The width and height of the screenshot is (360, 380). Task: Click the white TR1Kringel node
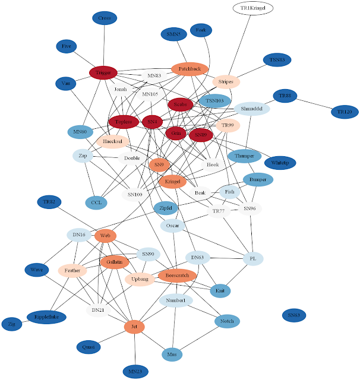click(252, 8)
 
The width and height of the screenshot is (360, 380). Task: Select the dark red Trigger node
click(103, 72)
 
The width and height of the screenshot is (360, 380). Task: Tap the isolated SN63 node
click(293, 315)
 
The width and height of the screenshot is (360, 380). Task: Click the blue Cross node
click(105, 18)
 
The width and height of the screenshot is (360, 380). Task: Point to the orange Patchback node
click(190, 69)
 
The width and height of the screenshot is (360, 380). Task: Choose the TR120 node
click(345, 111)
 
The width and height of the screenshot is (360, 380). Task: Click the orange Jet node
click(134, 327)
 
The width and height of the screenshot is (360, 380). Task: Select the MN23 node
click(134, 372)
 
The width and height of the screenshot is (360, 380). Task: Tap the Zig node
click(11, 324)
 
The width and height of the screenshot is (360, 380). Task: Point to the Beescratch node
click(177, 275)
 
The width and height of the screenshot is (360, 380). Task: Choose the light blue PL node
click(252, 259)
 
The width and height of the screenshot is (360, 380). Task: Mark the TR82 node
click(49, 202)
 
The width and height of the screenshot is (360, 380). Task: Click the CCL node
click(96, 202)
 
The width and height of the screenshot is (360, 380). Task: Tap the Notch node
click(227, 321)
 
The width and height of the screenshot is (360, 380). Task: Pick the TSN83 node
click(277, 60)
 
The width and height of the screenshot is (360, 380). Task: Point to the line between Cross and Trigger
click(104, 45)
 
